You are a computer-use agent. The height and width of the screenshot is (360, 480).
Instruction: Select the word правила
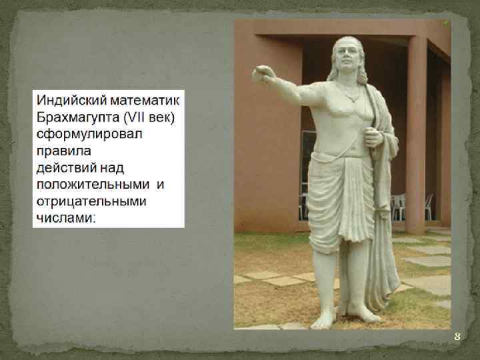61,151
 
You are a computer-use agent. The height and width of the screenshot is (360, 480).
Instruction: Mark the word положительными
93,184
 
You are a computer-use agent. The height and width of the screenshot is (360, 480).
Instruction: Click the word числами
65,217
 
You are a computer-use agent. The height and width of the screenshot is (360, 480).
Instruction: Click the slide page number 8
457,337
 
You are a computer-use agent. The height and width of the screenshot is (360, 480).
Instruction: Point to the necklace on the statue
351,93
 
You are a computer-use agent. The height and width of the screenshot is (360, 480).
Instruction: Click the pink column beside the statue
415,133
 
